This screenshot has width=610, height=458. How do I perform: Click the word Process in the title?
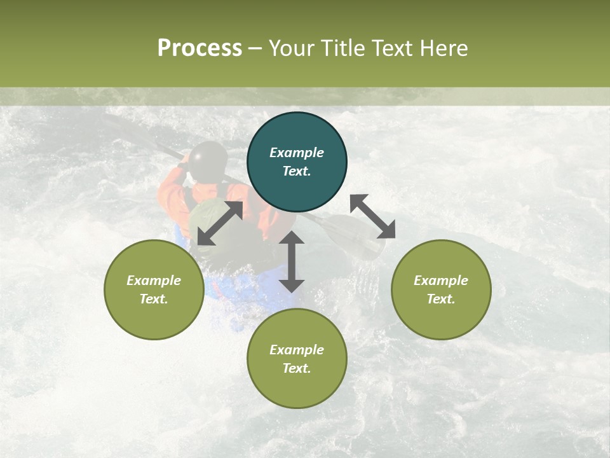200,48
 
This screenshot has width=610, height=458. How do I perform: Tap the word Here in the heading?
444,48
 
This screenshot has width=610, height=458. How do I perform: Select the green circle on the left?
154,289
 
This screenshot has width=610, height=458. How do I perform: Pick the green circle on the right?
441,289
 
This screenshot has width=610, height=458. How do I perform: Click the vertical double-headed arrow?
292,261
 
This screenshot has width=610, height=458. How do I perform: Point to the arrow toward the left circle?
220,223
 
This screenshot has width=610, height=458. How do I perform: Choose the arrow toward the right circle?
372,216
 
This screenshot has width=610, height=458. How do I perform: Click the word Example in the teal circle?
297,153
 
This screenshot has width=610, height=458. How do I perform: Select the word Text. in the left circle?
154,299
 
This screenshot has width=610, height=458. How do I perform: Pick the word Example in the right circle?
441,281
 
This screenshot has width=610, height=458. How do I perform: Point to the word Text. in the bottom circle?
297,368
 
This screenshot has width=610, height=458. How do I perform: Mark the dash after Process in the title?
255,48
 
